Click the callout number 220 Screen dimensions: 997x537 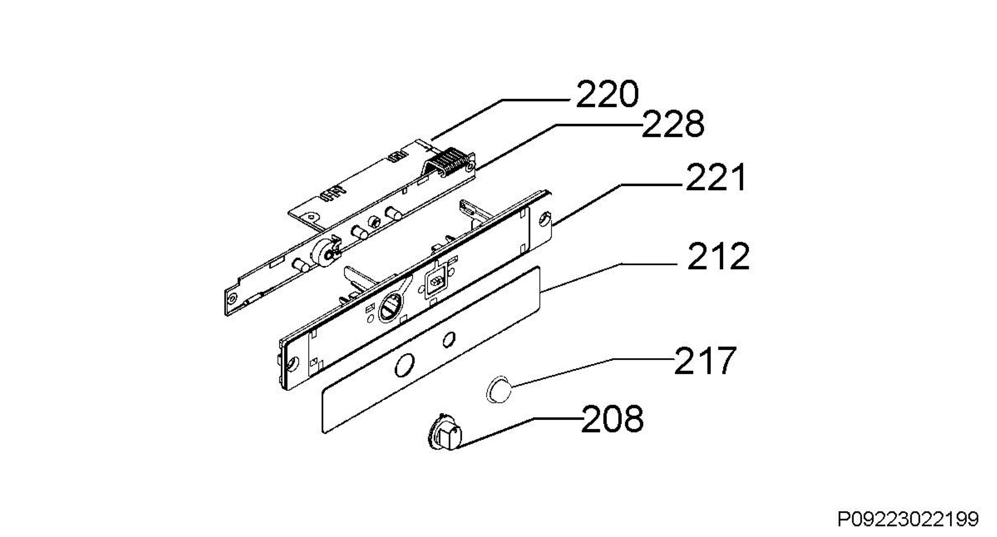(607, 94)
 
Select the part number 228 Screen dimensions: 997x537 (673, 124)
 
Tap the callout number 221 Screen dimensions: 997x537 (716, 177)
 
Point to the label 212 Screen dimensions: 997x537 (719, 256)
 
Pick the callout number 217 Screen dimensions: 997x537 (705, 360)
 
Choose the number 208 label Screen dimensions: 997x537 (612, 419)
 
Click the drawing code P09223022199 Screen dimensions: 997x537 (908, 519)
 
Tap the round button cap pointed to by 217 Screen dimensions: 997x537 (499, 389)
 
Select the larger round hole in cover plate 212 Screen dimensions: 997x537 (405, 365)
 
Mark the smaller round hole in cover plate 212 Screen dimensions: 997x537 (448, 340)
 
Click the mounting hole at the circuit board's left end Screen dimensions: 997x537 (232, 298)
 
